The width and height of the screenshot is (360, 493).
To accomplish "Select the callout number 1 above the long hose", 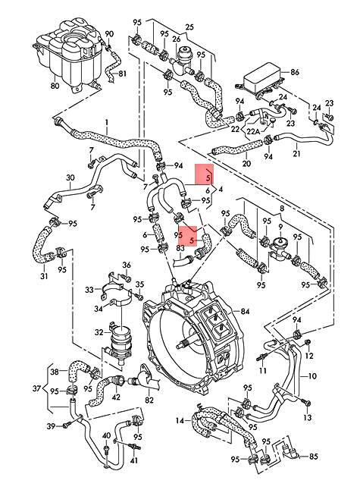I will tap(107, 122).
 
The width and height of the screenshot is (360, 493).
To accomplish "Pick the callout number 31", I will tap(43, 275).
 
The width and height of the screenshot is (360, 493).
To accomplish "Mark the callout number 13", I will tap(308, 418).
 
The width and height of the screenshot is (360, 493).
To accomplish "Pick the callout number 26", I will tap(176, 39).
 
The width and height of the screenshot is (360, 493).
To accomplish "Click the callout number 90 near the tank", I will tap(108, 34).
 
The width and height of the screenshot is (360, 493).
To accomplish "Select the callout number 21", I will tap(296, 154).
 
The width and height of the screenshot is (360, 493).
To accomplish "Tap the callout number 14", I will tap(180, 419).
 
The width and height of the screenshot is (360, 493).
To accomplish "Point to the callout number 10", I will tap(311, 375).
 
